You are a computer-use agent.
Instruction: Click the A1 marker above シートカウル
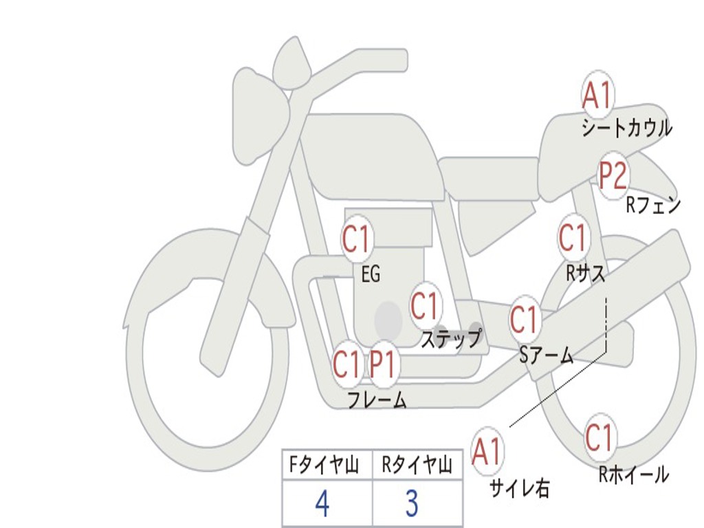pos(597,95)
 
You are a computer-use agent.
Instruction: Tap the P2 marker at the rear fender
pos(613,175)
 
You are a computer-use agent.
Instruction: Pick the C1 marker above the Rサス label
pos(572,238)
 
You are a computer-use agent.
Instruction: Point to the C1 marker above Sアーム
pos(524,320)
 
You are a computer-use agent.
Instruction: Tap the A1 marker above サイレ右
pos(487,452)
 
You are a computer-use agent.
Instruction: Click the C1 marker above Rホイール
pos(599,437)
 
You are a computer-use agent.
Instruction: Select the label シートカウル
pos(626,129)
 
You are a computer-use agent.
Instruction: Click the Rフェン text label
pos(653,205)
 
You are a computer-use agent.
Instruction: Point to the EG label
pos(371,275)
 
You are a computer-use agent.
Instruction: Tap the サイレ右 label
pos(520,487)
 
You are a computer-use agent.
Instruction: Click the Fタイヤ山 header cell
pos(327,465)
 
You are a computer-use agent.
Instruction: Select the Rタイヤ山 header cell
pos(417,465)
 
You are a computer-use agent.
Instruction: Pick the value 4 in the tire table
pos(322,504)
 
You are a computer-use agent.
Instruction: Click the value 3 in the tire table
pos(412,504)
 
